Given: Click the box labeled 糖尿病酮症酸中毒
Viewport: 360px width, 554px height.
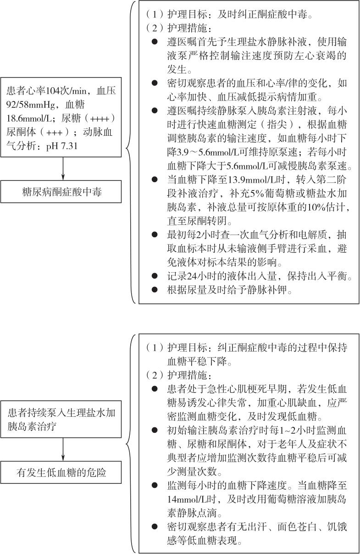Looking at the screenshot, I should [x=62, y=191].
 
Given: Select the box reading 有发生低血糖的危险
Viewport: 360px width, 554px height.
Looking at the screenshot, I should [x=62, y=472].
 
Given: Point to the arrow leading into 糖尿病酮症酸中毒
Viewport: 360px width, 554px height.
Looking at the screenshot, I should [x=62, y=170].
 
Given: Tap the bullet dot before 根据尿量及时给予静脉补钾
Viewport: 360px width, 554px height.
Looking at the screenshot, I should [x=155, y=291].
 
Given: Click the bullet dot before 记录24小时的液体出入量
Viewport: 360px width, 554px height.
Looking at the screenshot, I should [x=155, y=277].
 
